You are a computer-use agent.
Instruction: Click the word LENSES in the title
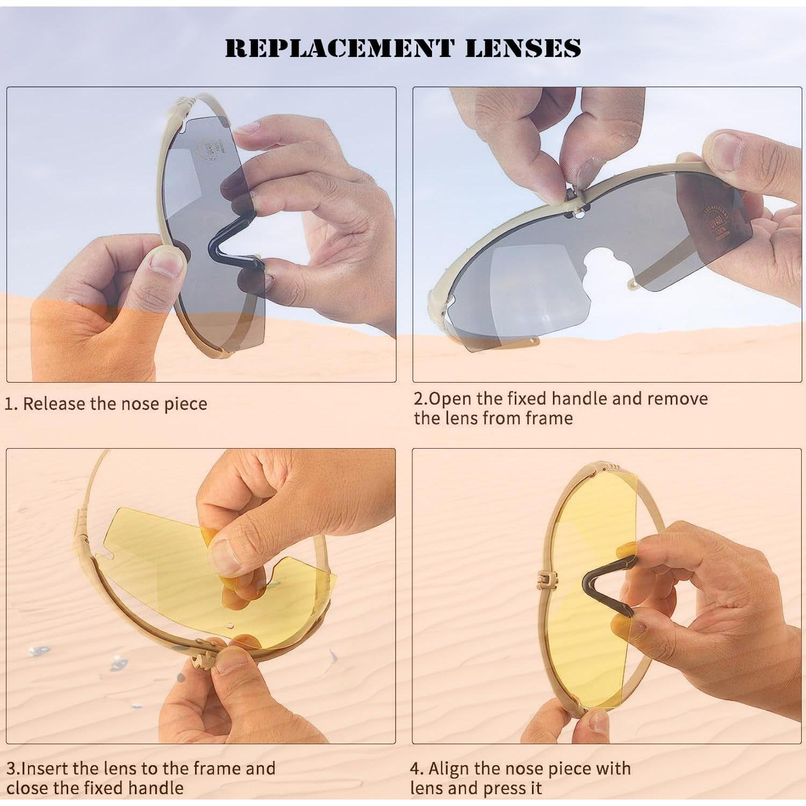click(x=522, y=48)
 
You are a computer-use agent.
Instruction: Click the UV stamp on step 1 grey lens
click(x=207, y=150)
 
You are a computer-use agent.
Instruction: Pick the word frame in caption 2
click(x=549, y=418)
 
